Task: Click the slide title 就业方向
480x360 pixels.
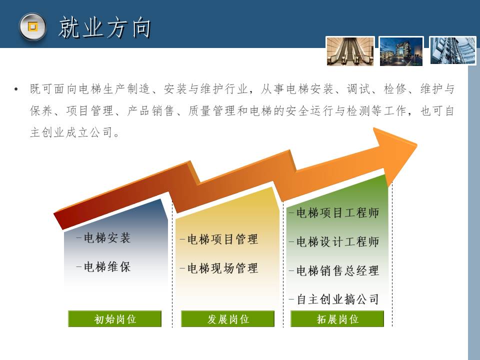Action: tap(104, 27)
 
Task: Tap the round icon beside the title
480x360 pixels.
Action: tap(32, 26)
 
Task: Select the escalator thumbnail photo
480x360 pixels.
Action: tap(350, 51)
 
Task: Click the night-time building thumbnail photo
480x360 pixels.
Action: tap(401, 51)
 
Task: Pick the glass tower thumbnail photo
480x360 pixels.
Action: tap(453, 51)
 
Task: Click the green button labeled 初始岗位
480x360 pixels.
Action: tap(115, 319)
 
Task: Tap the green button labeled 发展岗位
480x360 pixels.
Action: tap(228, 319)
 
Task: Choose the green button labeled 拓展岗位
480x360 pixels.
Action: tap(337, 319)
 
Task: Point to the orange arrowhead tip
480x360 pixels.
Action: tap(417, 144)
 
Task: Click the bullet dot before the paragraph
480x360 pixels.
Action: tap(16, 89)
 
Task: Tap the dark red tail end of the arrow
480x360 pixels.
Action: tap(59, 220)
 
